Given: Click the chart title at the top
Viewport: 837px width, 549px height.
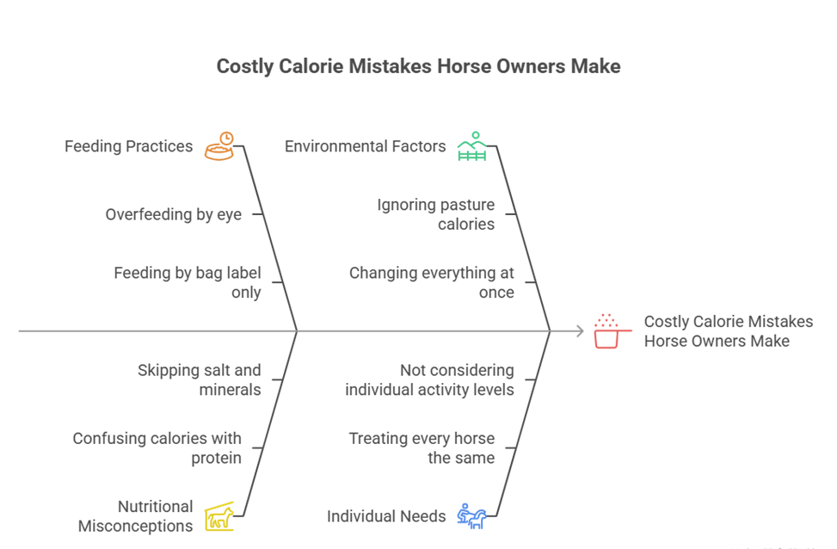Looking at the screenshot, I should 418,66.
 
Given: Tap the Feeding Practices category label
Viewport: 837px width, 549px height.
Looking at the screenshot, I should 129,146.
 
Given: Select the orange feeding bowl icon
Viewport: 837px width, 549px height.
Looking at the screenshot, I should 219,146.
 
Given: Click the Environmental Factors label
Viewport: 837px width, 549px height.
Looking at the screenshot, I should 366,146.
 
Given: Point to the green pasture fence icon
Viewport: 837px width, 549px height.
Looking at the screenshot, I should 471,147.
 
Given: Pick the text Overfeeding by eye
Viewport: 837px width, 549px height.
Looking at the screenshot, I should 173,214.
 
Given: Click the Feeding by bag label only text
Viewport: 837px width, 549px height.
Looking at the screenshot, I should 187,282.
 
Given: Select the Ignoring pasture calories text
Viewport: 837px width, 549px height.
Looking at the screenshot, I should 436,214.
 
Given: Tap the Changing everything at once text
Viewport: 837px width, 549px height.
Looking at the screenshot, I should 431,282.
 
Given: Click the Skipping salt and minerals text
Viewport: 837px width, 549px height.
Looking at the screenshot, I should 199,379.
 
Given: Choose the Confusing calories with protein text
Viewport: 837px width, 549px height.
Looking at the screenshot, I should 157,447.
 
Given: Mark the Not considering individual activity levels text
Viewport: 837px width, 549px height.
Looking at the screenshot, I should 429,379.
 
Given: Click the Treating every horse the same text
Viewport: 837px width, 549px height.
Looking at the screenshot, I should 422,447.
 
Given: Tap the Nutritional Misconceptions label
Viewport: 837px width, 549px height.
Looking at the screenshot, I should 135,515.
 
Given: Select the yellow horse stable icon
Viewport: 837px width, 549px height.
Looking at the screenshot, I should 219,516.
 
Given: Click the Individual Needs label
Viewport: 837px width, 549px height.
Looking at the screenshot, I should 386,516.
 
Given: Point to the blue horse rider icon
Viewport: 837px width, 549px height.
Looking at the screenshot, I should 471,516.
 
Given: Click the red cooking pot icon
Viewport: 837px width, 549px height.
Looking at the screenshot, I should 607,331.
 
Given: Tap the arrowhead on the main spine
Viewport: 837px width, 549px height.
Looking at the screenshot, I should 581,330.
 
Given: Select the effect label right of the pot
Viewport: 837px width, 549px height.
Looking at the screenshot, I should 728,330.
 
